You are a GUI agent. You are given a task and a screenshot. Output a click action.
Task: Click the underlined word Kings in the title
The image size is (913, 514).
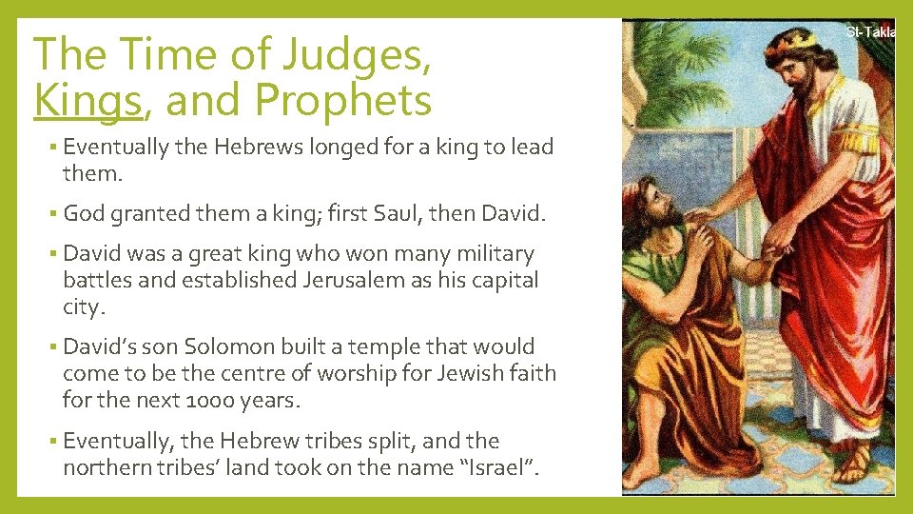[87, 100]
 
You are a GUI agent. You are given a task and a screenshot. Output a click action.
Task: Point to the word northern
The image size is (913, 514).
[107, 467]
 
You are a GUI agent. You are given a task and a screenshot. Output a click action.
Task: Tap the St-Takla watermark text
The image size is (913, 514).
[869, 32]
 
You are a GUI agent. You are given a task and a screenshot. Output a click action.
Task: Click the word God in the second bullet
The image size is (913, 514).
[84, 214]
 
